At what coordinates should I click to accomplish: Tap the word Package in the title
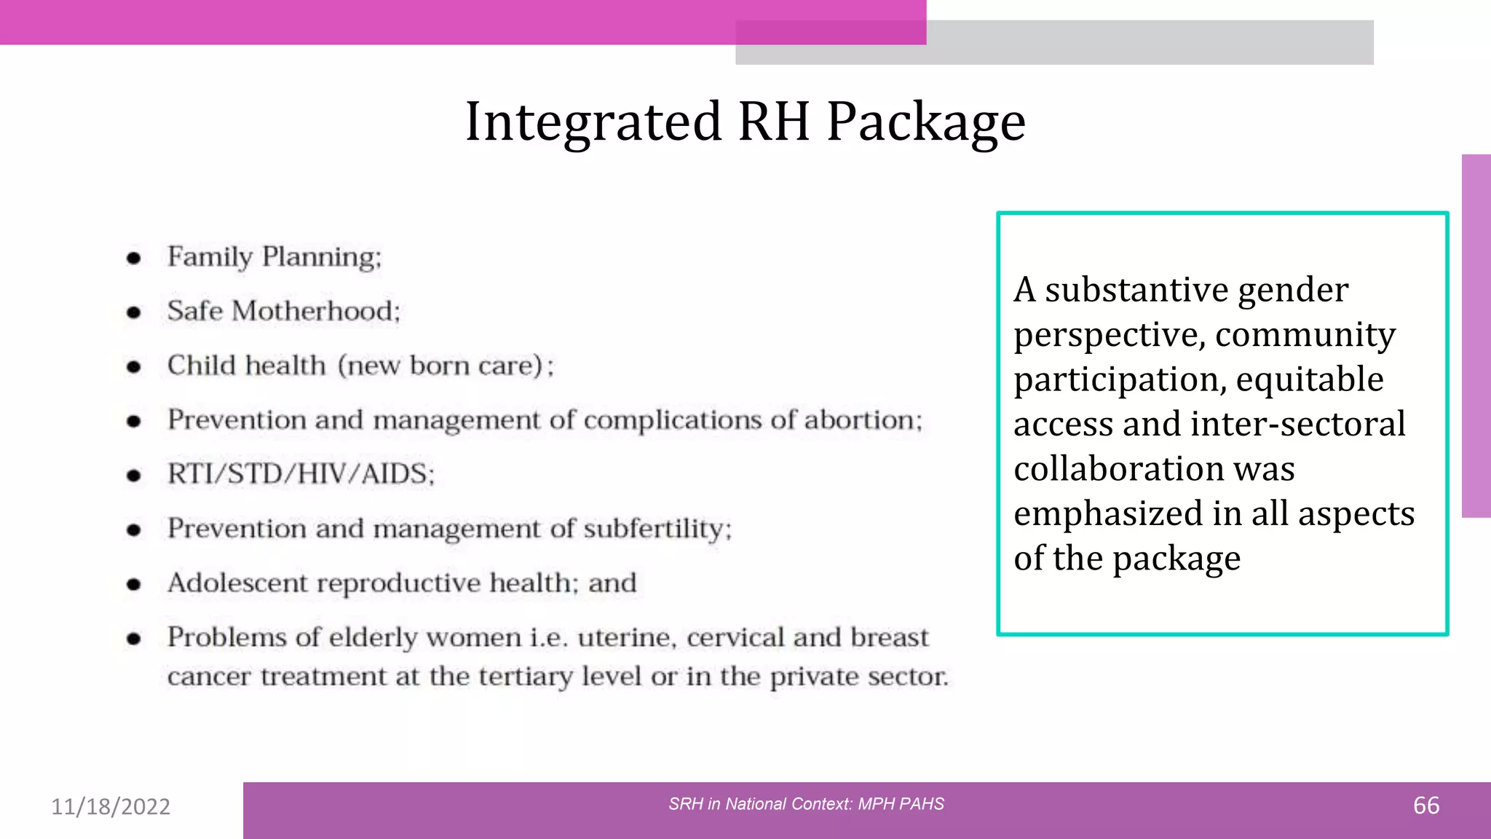926,122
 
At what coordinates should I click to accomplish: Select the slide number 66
1425,805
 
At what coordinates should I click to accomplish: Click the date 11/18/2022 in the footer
111,806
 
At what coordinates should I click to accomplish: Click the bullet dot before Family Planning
133,258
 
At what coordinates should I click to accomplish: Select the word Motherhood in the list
316,312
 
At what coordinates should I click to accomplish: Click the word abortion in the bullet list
862,420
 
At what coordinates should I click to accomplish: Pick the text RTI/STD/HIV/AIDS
301,474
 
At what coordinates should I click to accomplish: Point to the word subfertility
657,529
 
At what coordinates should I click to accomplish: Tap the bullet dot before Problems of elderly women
133,639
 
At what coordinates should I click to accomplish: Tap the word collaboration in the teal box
1118,469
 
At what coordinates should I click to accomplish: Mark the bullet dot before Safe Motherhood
133,312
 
